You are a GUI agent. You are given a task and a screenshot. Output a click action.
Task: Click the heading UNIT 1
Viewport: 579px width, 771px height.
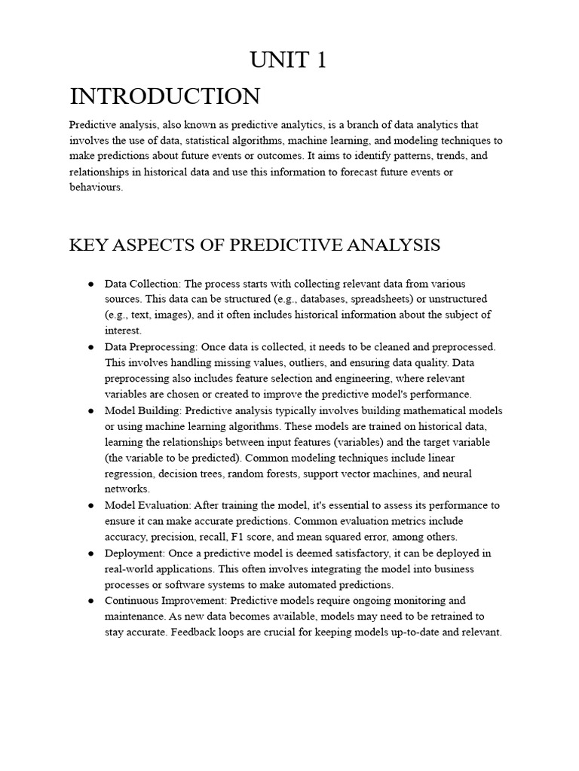tap(289, 60)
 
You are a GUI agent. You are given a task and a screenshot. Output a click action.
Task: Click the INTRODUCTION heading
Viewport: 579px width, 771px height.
tap(164, 96)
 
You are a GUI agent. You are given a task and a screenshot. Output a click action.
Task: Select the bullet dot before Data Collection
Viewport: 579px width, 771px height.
tap(90, 284)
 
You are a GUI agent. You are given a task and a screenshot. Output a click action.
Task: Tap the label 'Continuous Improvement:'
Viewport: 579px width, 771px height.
tap(166, 601)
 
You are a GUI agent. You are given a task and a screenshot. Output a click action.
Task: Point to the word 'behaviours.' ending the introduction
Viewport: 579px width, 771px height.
tap(96, 188)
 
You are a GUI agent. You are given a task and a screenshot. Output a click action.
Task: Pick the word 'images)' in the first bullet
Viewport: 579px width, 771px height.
tap(174, 315)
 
